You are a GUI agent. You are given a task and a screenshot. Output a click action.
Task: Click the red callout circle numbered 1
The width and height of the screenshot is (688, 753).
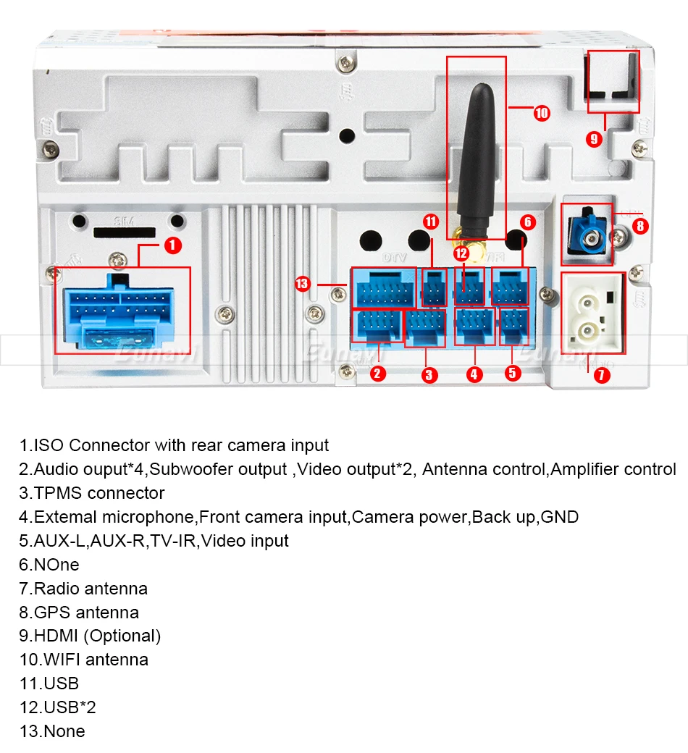click(x=172, y=245)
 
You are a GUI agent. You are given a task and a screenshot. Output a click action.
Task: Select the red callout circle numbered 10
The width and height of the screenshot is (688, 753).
click(x=542, y=113)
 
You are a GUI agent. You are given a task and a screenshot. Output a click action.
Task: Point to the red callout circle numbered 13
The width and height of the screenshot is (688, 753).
click(x=303, y=284)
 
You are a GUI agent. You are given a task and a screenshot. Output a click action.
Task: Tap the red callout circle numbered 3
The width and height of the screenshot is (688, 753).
click(x=429, y=374)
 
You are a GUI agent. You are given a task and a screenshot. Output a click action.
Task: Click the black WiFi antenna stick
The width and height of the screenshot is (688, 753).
click(x=477, y=159)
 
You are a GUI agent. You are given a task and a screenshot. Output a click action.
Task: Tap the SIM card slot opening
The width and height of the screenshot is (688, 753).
click(x=124, y=232)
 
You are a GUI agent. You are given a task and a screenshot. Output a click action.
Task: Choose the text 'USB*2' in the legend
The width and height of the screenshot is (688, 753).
click(x=70, y=707)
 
